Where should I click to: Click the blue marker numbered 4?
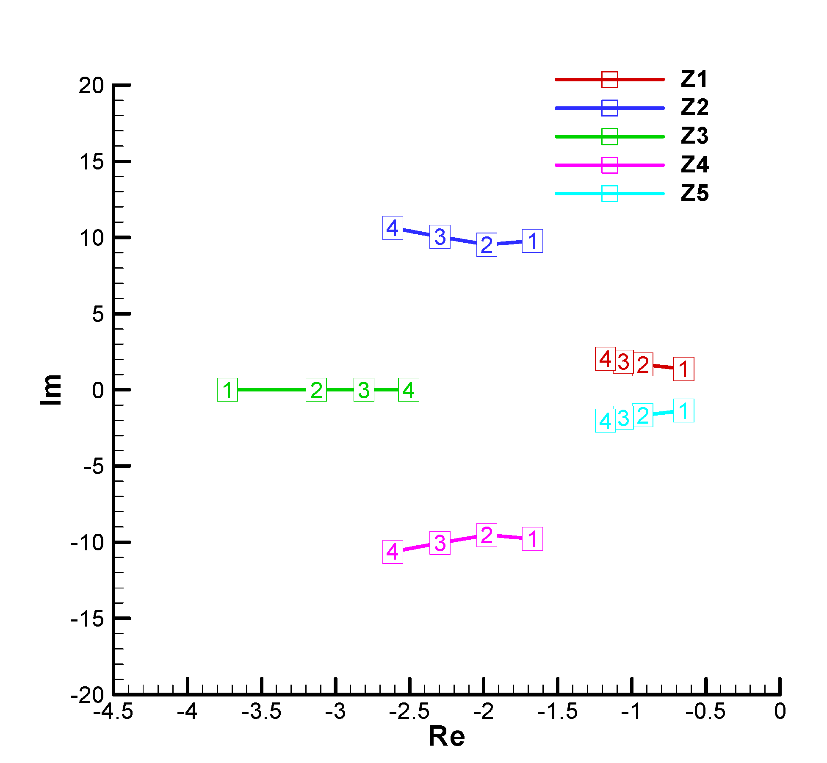[x=393, y=228]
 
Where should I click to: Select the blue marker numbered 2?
[x=487, y=245]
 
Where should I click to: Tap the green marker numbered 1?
[x=227, y=390]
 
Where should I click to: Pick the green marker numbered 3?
[x=364, y=390]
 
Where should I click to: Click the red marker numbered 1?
[x=683, y=369]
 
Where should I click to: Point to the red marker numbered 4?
[x=605, y=359]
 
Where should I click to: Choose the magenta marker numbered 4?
[x=393, y=552]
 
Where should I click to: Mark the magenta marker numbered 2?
[x=487, y=535]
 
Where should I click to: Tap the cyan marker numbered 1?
[x=683, y=411]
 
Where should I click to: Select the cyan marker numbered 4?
[x=605, y=421]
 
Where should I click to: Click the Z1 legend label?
[x=694, y=79]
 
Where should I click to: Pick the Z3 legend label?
[x=694, y=136]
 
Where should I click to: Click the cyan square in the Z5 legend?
[x=609, y=194]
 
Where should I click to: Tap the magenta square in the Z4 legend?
[x=609, y=165]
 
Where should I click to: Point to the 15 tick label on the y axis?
[x=91, y=162]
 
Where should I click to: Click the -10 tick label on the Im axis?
[x=87, y=542]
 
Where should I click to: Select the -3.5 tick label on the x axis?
[x=261, y=711]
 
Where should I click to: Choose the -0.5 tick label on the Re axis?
[x=705, y=711]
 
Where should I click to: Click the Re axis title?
[x=446, y=736]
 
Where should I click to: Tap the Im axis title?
[x=51, y=390]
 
